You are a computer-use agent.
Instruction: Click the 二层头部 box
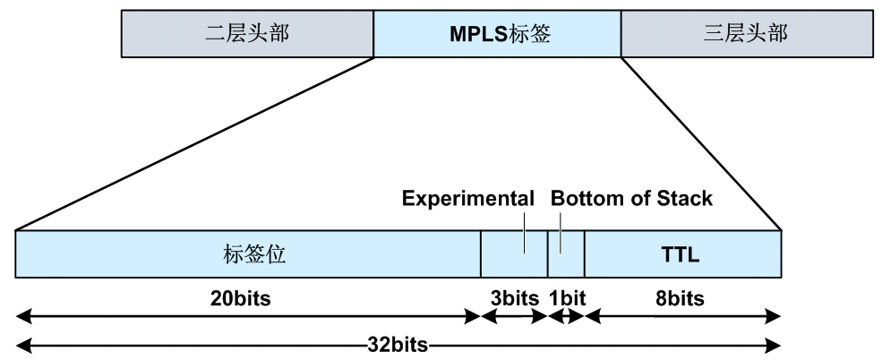click(247, 34)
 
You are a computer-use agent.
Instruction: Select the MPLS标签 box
click(497, 34)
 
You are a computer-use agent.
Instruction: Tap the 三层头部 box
click(747, 34)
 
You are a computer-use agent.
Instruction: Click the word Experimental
click(468, 199)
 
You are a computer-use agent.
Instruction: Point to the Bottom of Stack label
click(631, 199)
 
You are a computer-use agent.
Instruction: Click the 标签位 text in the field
click(255, 254)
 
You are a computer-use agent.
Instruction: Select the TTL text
click(680, 255)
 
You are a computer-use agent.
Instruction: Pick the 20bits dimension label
click(241, 298)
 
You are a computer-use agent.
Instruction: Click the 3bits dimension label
click(515, 298)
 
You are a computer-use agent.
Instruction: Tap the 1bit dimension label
click(567, 298)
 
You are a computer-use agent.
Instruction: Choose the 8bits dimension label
click(680, 298)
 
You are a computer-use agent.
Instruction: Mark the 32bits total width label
click(398, 344)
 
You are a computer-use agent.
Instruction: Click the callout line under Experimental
click(524, 232)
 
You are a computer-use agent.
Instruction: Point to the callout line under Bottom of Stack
click(561, 232)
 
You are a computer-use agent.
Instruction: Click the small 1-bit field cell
click(566, 253)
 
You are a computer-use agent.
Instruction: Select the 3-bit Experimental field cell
click(514, 253)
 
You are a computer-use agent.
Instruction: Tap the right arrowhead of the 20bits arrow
click(473, 317)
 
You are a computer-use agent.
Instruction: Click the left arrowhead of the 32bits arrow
click(23, 344)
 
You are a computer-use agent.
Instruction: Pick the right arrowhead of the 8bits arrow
click(774, 317)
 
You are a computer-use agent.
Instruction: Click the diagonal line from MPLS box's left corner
click(194, 143)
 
